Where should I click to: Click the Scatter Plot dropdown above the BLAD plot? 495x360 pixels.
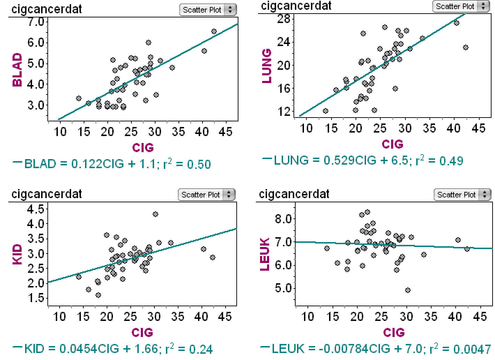[208, 10]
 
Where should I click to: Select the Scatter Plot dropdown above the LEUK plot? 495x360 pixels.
[462, 195]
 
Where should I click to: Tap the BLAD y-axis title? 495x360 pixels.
[17, 70]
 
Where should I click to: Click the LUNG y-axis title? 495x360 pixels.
[267, 66]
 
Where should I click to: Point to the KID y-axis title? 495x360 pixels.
[17, 254]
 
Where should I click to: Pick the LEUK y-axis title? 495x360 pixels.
[265, 254]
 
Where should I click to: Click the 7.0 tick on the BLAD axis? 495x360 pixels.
[36, 22]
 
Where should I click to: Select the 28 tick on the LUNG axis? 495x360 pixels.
[284, 19]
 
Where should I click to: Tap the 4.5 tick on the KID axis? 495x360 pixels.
[36, 209]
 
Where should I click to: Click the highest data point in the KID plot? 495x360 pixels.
[155, 214]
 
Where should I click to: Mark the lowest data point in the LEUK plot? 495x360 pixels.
[408, 290]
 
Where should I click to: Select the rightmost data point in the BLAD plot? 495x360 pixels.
[214, 32]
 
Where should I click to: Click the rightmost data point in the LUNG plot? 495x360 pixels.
[466, 47]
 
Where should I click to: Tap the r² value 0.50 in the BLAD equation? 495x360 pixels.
[199, 164]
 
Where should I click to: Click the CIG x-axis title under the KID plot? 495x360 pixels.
[142, 333]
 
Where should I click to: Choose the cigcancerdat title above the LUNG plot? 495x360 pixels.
[296, 6]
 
